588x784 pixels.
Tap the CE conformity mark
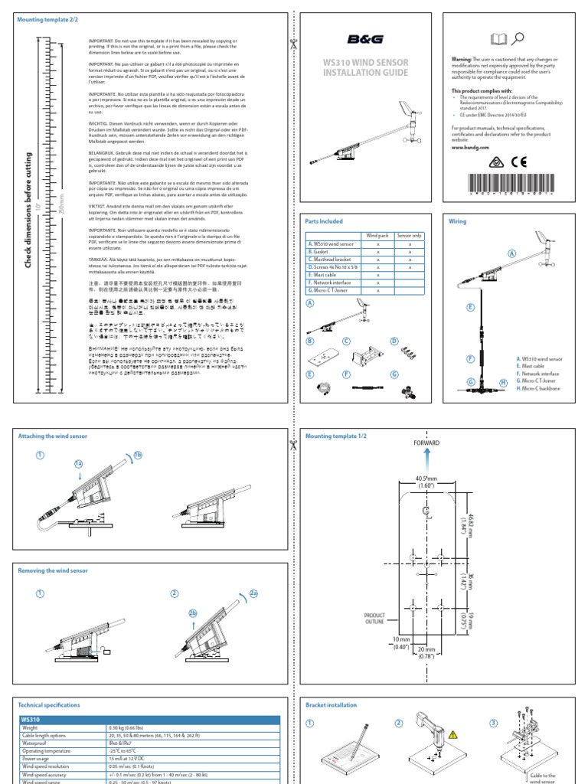pos(520,162)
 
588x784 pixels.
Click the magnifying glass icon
pos(518,38)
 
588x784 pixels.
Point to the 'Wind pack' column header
pos(377,235)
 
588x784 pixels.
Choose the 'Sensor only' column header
pos(409,235)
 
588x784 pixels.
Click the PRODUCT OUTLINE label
pos(374,617)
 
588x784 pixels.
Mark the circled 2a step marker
pos(253,592)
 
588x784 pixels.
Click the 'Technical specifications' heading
pos(48,704)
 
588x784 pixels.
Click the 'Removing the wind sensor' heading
pos(53,570)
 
